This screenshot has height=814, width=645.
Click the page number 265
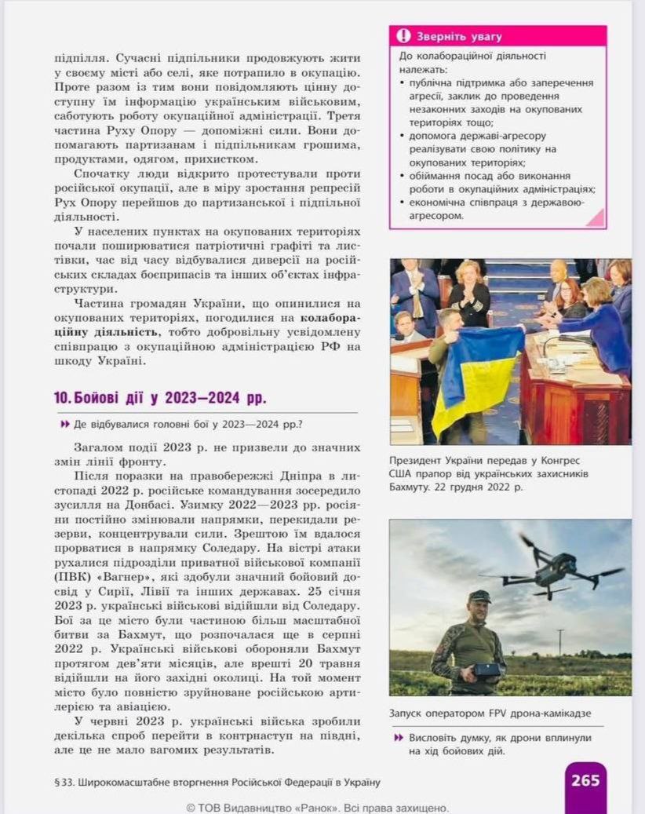point(585,780)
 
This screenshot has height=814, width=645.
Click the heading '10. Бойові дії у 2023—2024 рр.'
point(160,398)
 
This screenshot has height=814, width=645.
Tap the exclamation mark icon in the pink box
point(403,36)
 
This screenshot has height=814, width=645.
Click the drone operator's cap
point(479,597)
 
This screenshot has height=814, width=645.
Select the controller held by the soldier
point(487,670)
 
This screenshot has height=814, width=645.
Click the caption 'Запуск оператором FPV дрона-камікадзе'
point(490,714)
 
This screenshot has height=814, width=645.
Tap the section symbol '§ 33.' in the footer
point(64,782)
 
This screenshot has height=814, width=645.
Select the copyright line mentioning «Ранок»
point(318,807)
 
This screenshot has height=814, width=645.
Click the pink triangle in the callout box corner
point(595,217)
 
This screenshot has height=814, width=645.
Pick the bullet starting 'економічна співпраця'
point(494,208)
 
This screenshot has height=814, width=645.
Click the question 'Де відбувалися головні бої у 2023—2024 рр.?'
point(188,425)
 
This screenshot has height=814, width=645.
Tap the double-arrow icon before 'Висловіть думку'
point(399,738)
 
